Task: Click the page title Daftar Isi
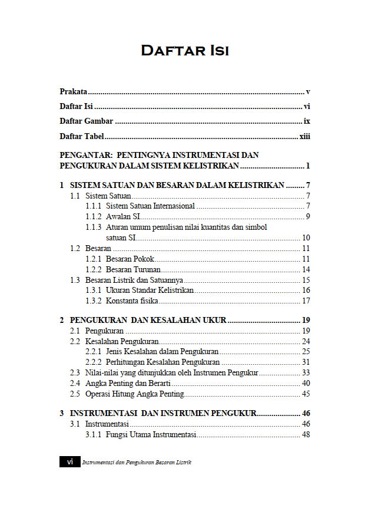184,51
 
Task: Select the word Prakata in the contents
74,91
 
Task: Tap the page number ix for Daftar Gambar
307,121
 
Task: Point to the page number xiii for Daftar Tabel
304,137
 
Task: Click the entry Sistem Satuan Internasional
150,206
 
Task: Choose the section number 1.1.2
93,217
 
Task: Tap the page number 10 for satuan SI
306,238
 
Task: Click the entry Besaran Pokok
130,259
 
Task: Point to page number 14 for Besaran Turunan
306,269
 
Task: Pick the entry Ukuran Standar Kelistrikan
150,291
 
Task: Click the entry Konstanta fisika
132,301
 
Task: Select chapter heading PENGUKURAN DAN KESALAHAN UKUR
148,321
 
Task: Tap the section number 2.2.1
93,352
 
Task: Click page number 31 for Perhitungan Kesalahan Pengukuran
306,362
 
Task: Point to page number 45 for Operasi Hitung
306,394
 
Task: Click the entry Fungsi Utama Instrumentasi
150,435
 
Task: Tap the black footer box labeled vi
69,462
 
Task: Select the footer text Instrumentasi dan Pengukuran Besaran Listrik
137,463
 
